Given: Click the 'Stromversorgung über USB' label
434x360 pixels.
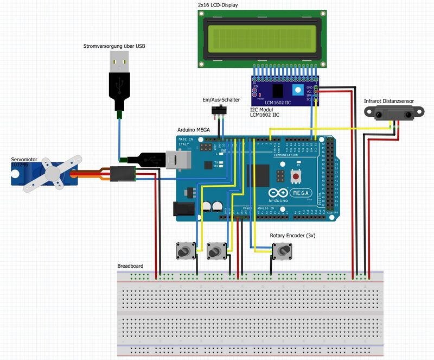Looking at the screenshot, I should pyautogui.click(x=114, y=46).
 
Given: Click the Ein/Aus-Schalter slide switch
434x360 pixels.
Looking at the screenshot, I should pyautogui.click(x=218, y=111).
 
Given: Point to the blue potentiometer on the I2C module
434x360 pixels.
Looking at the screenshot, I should pyautogui.click(x=297, y=91).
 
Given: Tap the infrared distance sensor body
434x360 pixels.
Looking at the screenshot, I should pyautogui.click(x=390, y=113).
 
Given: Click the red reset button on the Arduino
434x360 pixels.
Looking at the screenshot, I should pyautogui.click(x=296, y=176).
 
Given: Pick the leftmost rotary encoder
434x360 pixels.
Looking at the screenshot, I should pyautogui.click(x=186, y=251).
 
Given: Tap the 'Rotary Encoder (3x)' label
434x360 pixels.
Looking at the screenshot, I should pyautogui.click(x=292, y=236).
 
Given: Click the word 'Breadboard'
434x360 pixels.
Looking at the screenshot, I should pyautogui.click(x=130, y=266).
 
